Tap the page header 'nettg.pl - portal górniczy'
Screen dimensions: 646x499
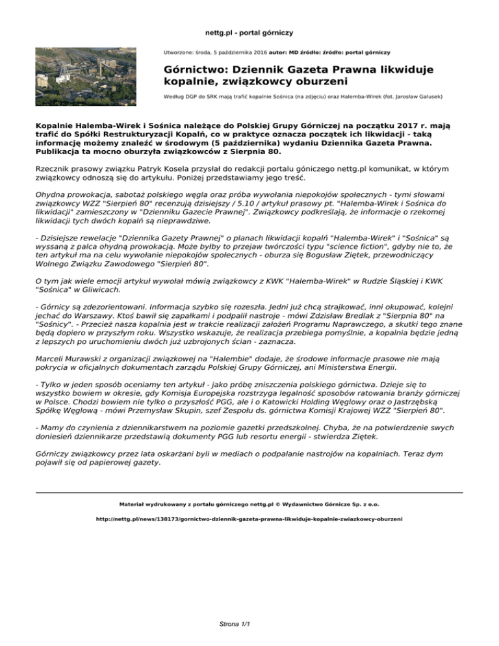pos(249,31)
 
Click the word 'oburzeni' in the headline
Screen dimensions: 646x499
pos(312,82)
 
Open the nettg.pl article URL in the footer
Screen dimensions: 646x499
pos(249,520)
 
